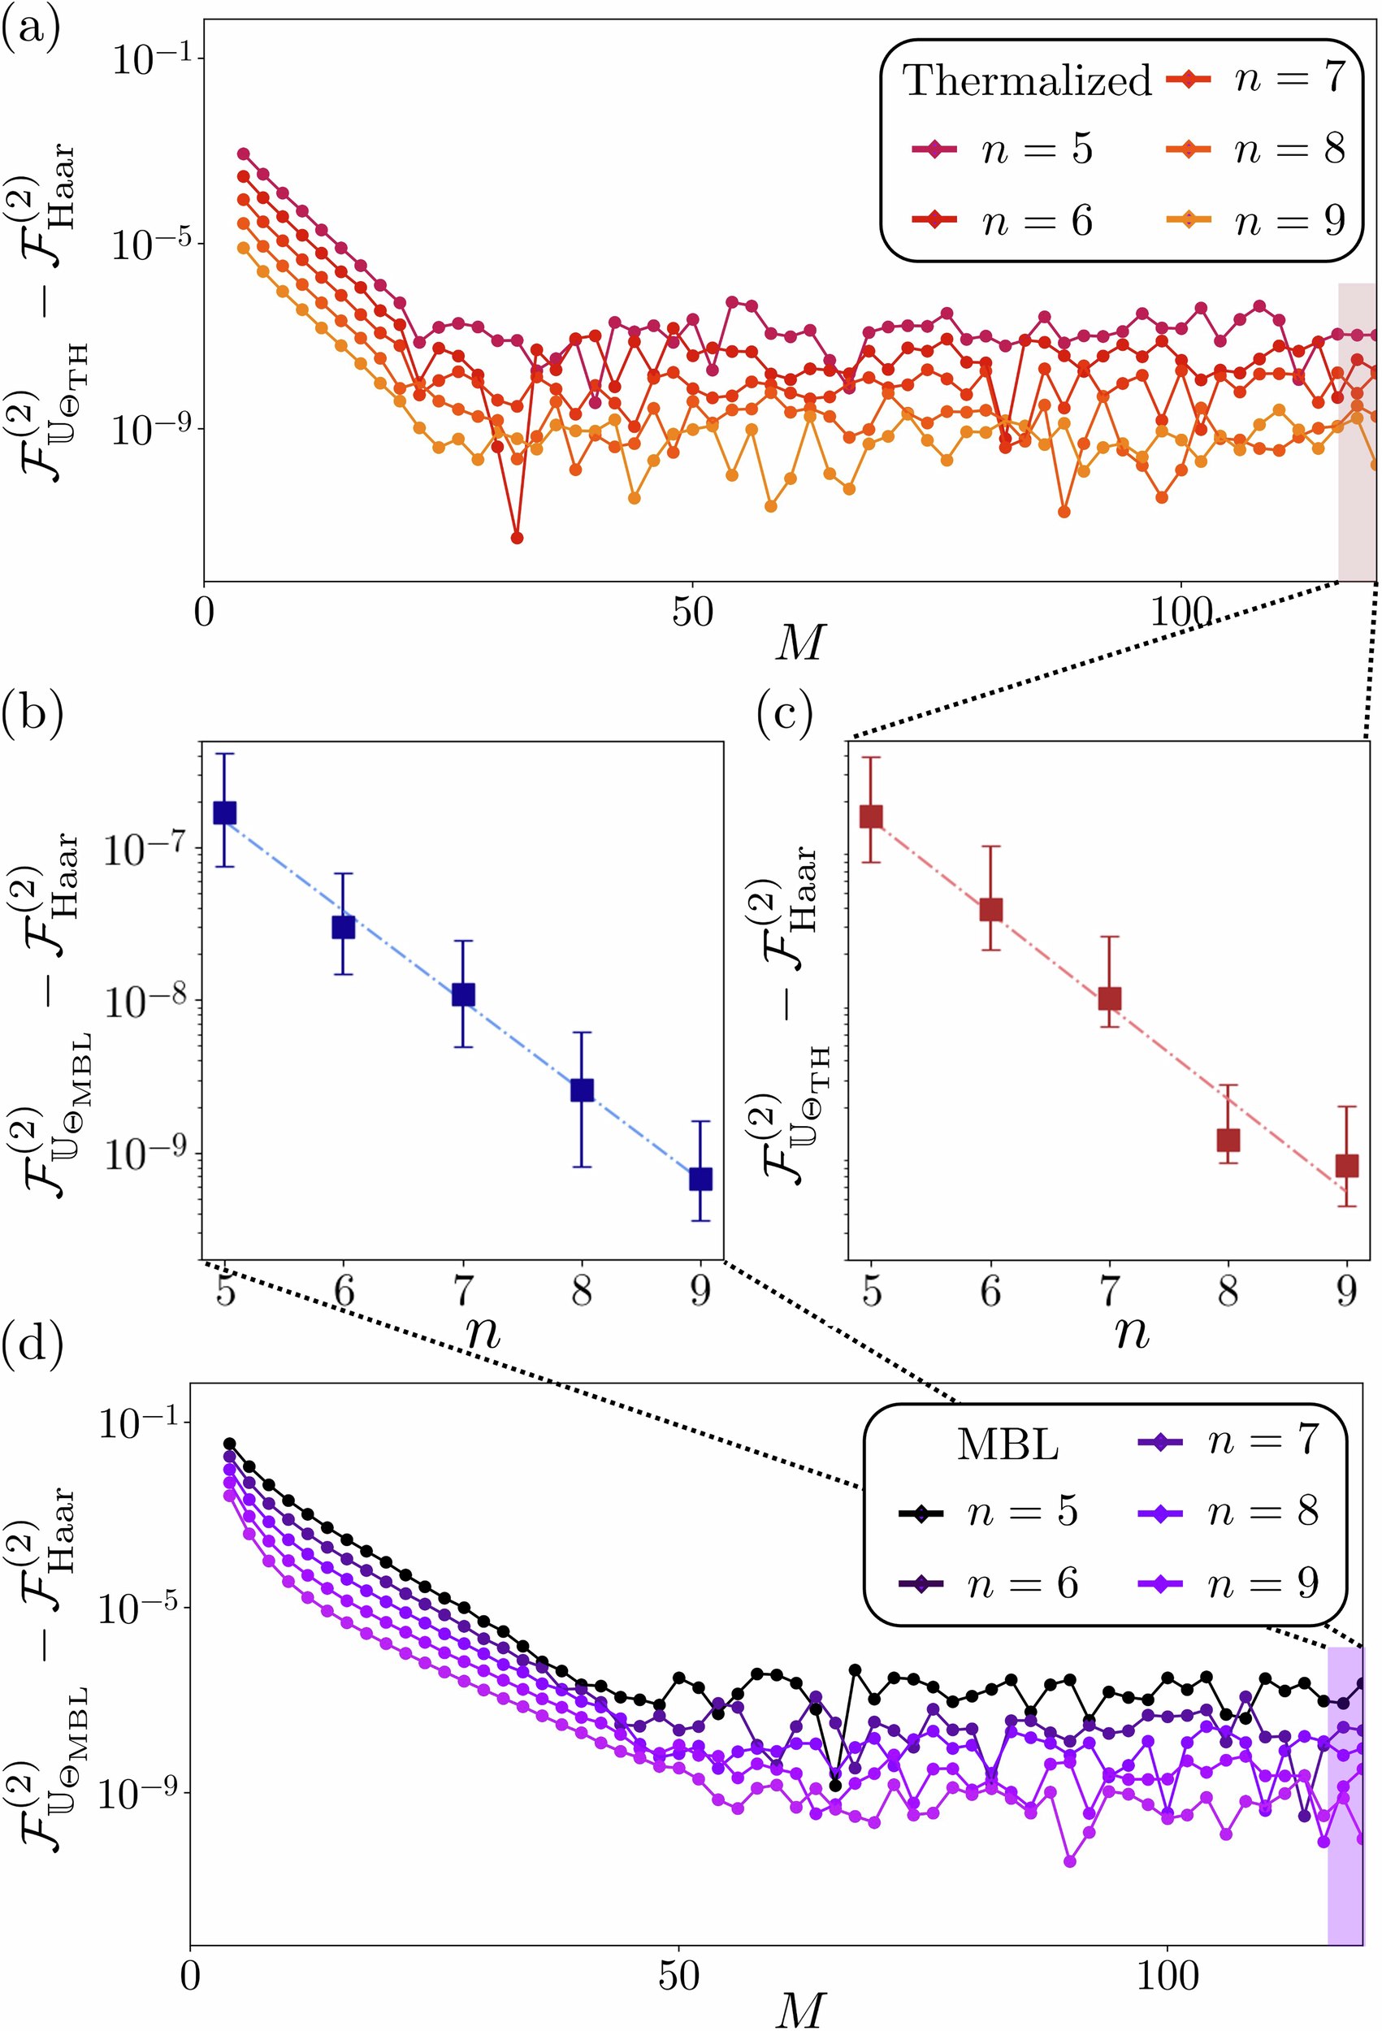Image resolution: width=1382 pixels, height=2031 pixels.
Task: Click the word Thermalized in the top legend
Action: pyautogui.click(x=1027, y=80)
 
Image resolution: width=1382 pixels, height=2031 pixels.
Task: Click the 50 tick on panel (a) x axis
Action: pyautogui.click(x=692, y=613)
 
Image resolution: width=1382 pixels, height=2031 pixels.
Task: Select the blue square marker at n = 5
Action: pyautogui.click(x=225, y=812)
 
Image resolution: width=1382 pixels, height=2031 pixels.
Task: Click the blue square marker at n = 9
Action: pyautogui.click(x=700, y=1179)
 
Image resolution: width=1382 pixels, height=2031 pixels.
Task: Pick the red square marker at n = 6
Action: pyautogui.click(x=990, y=909)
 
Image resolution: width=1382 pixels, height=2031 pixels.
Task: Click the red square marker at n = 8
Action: pyautogui.click(x=1228, y=1140)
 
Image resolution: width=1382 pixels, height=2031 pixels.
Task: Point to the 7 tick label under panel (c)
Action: pyautogui.click(x=1109, y=1290)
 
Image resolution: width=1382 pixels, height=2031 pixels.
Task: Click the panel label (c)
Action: pyautogui.click(x=784, y=715)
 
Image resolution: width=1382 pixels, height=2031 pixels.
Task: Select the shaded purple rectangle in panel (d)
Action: pyautogui.click(x=1345, y=1800)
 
